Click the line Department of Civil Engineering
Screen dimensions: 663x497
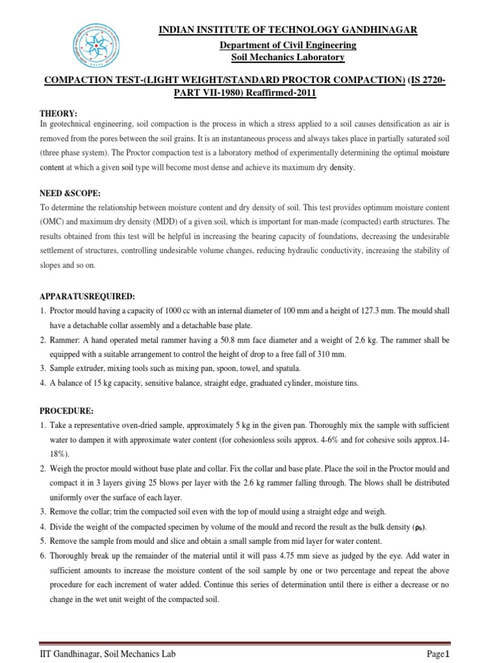pos(288,45)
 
